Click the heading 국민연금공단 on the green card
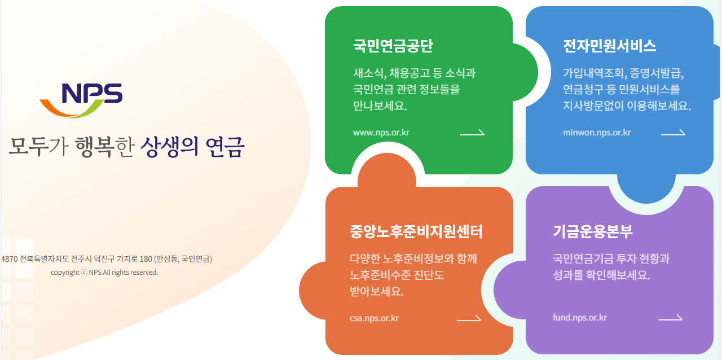[x=393, y=46]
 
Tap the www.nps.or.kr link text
[x=381, y=133]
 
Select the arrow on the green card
[x=472, y=133]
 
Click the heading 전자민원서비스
[x=609, y=46]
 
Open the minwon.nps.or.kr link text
[x=597, y=133]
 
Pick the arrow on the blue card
[x=673, y=133]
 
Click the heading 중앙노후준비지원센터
[x=416, y=231]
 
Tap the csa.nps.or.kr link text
[x=374, y=318]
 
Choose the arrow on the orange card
[x=469, y=319]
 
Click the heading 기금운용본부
[x=593, y=231]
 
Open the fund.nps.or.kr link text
[x=580, y=318]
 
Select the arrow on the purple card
[x=670, y=318]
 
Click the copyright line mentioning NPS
[x=104, y=273]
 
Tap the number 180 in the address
[x=146, y=260]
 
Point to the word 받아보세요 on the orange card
[x=376, y=292]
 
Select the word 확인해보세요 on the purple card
[x=618, y=276]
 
